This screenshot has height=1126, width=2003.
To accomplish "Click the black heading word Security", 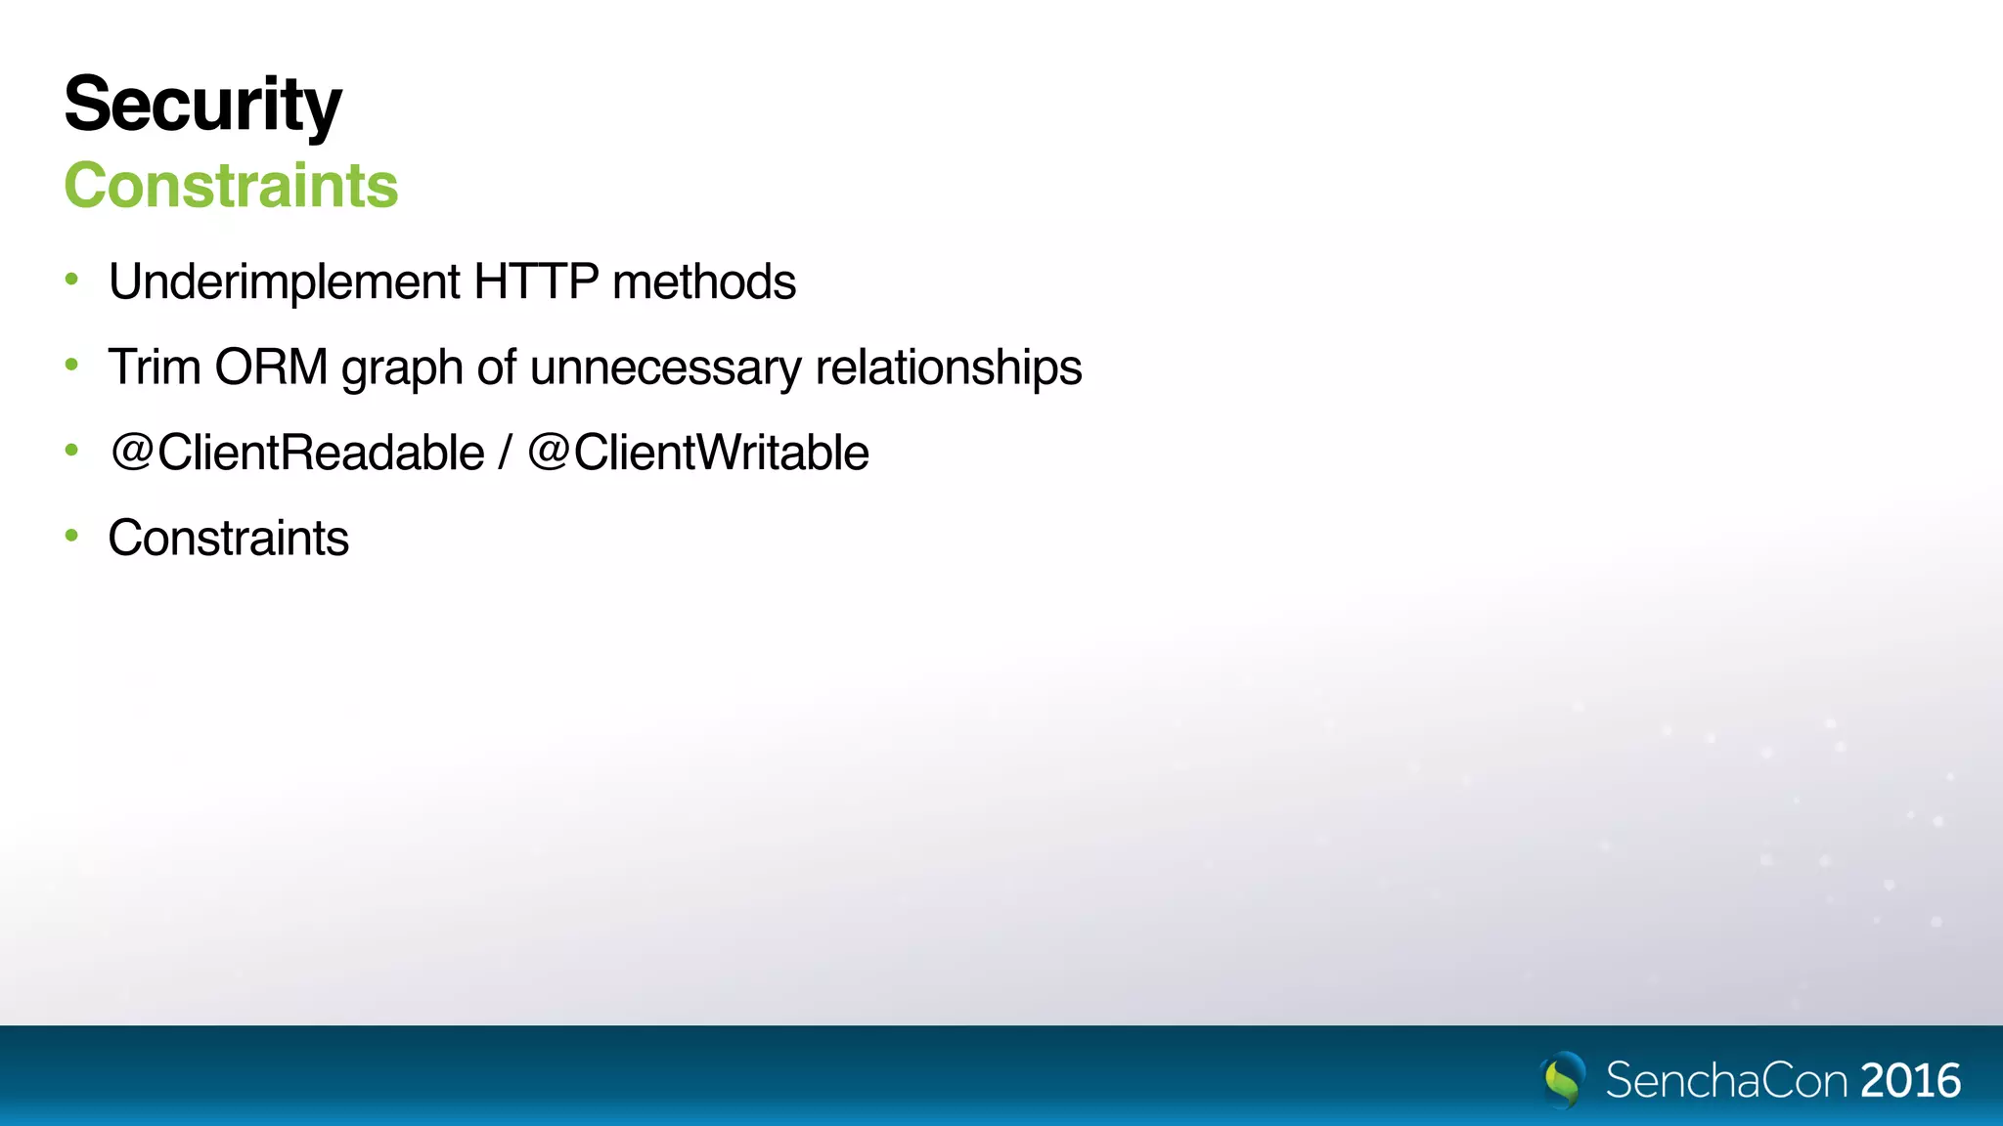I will (202, 105).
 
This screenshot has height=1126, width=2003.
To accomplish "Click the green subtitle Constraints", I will (231, 186).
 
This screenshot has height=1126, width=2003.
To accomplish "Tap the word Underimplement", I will (284, 282).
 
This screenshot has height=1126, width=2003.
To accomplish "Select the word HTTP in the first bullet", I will (536, 282).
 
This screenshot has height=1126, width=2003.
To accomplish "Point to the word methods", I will (703, 282).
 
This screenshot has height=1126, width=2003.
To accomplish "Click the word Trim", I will (154, 368).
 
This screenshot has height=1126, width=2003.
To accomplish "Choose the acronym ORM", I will (271, 368).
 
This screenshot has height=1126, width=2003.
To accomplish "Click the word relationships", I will (948, 368).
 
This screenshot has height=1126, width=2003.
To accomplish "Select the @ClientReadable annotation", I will (297, 453).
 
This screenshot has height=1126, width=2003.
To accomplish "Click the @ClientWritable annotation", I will (698, 453).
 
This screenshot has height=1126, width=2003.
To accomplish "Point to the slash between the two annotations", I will (505, 453).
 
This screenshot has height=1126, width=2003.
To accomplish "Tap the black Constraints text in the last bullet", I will (228, 539).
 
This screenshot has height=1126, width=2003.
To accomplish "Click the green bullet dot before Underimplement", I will (71, 281).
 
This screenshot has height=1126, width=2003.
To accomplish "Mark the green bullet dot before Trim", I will (71, 366).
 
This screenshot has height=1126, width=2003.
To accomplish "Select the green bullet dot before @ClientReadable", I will (71, 451).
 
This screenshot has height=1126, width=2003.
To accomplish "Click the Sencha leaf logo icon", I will (1563, 1080).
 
